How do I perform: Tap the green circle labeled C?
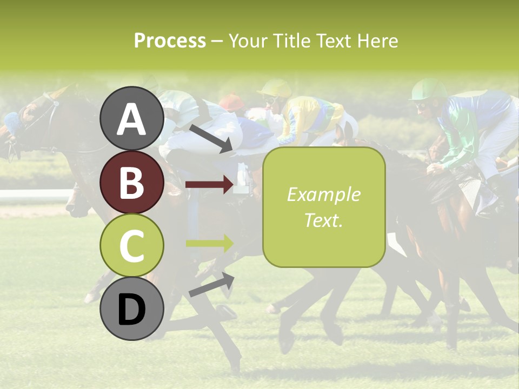[x=132, y=246]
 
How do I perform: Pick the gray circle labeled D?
[x=132, y=309]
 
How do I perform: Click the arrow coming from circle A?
[x=211, y=138]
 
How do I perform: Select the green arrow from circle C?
[x=209, y=243]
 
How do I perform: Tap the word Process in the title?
[x=170, y=41]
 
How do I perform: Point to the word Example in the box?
[x=323, y=194]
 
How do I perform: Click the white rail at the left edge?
[x=32, y=195]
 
